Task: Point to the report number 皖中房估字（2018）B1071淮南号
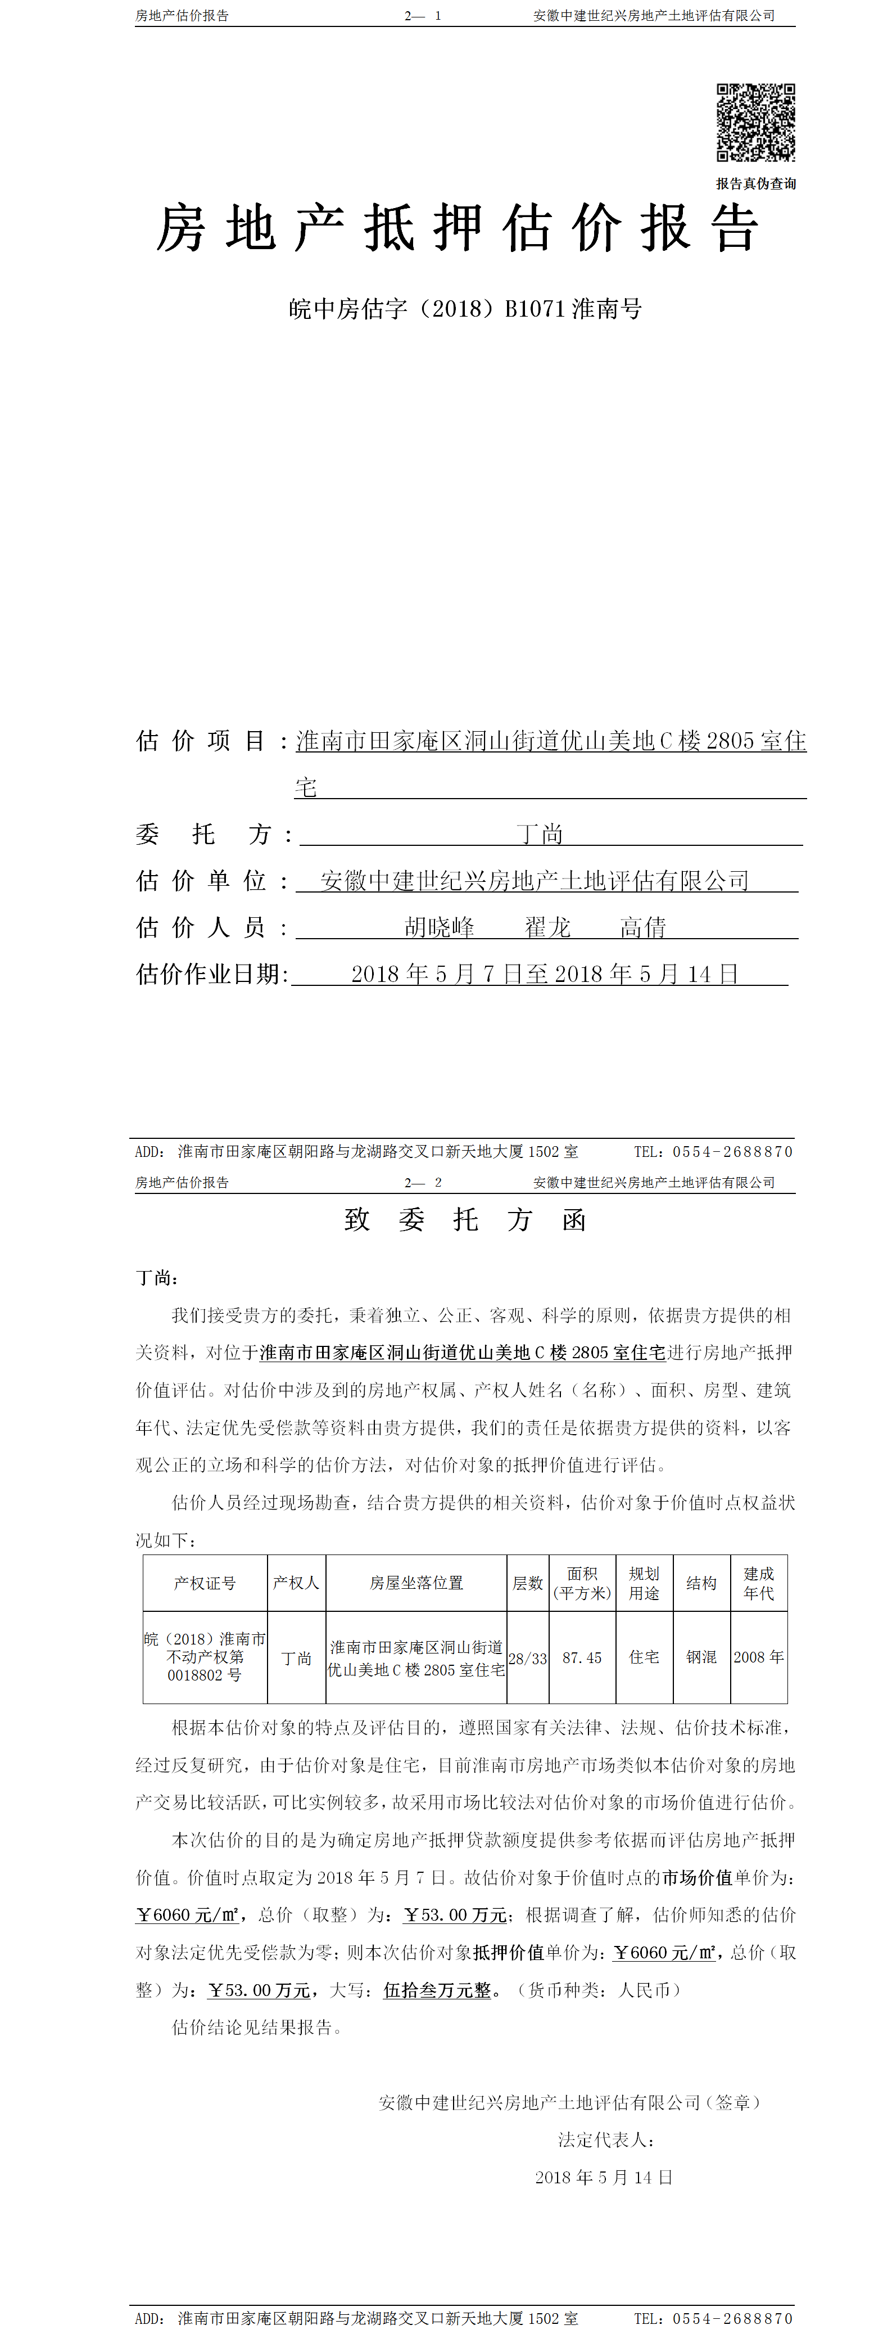point(465,309)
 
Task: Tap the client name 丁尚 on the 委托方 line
point(540,833)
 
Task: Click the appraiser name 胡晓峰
point(439,927)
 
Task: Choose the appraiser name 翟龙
point(547,927)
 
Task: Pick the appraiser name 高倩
point(643,927)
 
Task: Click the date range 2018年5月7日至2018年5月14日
point(544,974)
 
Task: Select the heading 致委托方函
point(465,1219)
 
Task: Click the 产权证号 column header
point(205,1583)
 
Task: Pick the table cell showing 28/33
point(527,1658)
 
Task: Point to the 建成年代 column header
point(758,1583)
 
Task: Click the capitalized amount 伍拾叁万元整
point(437,1990)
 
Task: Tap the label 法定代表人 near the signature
point(605,2139)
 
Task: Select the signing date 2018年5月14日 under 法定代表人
point(603,2177)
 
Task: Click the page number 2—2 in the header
point(423,1182)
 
